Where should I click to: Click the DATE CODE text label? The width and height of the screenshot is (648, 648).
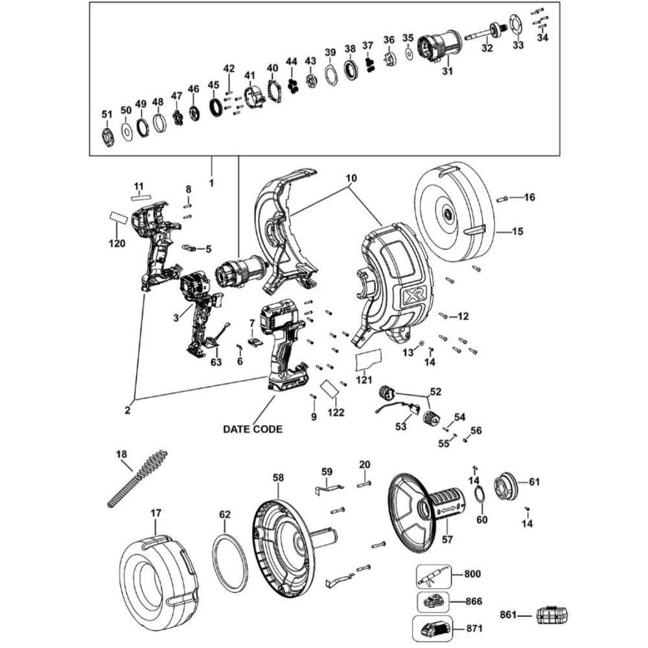pyautogui.click(x=253, y=430)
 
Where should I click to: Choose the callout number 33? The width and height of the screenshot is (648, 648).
pyautogui.click(x=518, y=45)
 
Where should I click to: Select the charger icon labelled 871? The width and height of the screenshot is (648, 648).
pyautogui.click(x=432, y=628)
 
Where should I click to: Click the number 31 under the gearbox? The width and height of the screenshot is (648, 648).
pyautogui.click(x=448, y=71)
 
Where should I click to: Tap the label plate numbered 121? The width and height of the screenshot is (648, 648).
pyautogui.click(x=368, y=360)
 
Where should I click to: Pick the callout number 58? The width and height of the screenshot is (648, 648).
pyautogui.click(x=278, y=478)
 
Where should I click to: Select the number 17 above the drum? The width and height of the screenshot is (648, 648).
pyautogui.click(x=156, y=513)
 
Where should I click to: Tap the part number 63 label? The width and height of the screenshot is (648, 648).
pyautogui.click(x=216, y=362)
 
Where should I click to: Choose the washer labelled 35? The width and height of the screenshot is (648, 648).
pyautogui.click(x=409, y=54)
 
